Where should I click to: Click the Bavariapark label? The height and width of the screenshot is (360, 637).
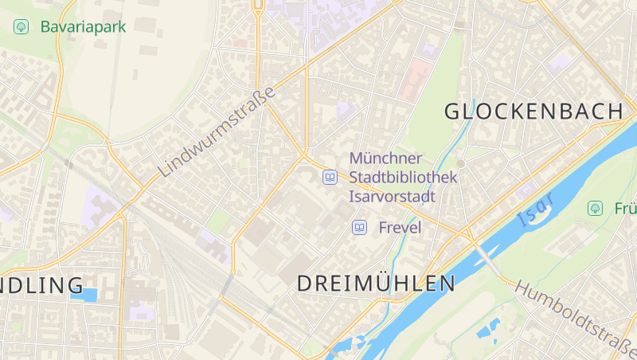click(83, 27)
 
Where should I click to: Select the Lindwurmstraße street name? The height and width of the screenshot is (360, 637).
click(216, 131)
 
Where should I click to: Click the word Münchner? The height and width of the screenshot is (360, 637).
click(385, 158)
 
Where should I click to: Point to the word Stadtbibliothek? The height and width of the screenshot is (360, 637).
click(403, 177)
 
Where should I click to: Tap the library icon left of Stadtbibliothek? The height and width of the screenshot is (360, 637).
click(329, 177)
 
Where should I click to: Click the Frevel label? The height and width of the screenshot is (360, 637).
click(400, 228)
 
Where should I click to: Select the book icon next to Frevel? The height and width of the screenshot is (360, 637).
click(359, 228)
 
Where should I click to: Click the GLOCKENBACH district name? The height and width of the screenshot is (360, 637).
click(533, 112)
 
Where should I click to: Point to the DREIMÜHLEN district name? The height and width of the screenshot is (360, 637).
click(376, 283)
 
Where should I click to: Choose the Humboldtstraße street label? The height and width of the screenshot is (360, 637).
click(576, 316)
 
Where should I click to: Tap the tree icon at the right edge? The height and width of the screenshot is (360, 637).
click(594, 208)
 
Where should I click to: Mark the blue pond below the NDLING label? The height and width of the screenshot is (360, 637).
click(84, 295)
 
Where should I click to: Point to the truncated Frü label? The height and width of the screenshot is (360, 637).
click(625, 209)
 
